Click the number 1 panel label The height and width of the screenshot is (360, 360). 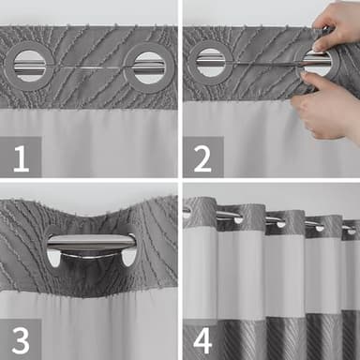[21, 157]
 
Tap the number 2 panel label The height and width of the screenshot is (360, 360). [202, 157]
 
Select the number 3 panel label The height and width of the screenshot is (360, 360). [21, 338]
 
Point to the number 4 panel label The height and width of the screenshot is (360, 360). [202, 338]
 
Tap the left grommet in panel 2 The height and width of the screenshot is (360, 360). [210, 62]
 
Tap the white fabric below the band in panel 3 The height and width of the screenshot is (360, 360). [103, 328]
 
